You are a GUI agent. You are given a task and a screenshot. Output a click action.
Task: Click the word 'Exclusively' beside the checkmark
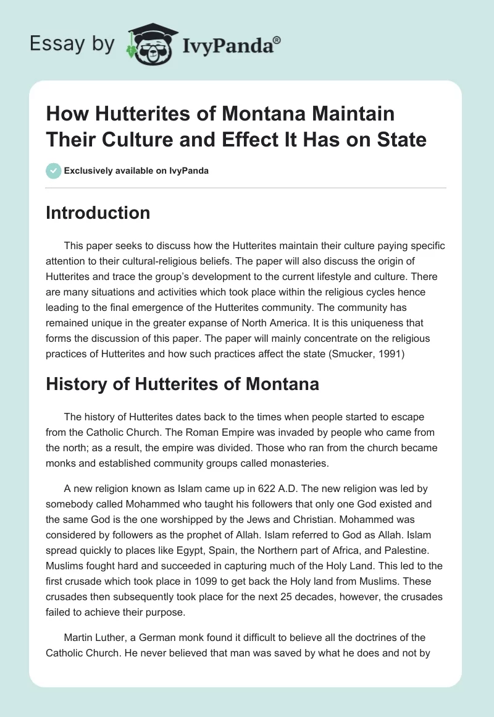[86, 171]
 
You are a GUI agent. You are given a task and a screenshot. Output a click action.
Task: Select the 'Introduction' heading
[98, 213]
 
